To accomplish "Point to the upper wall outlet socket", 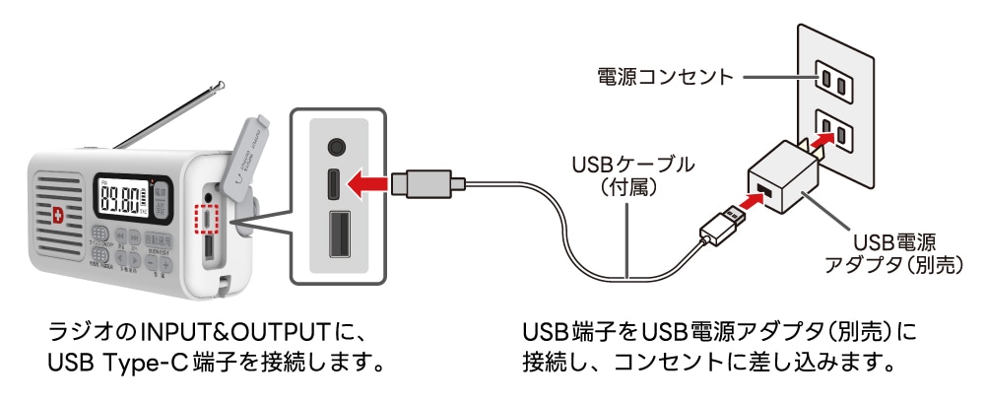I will pyautogui.click(x=831, y=82).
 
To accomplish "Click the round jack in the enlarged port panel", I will pyautogui.click(x=337, y=146).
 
